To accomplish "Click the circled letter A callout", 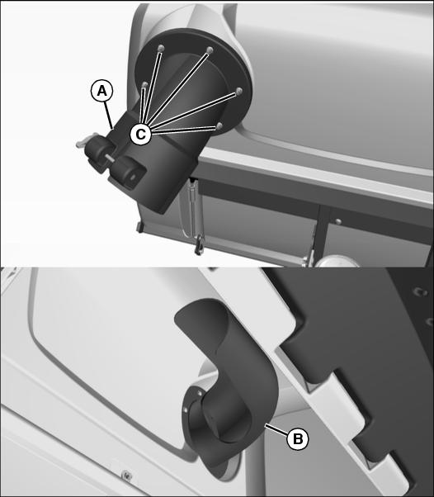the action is [x=101, y=92].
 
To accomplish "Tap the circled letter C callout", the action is [x=140, y=135].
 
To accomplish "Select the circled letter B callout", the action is [x=297, y=439].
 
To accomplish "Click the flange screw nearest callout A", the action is [x=144, y=85].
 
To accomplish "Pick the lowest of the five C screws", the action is [x=219, y=125].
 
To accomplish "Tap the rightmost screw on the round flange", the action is [x=239, y=91].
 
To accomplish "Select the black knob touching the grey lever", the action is [x=97, y=153].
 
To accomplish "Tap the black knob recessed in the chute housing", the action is [x=128, y=171].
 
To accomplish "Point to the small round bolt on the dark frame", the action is [x=338, y=221].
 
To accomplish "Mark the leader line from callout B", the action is [x=276, y=430].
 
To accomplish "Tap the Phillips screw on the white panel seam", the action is [x=127, y=476].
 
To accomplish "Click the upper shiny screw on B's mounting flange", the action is [x=200, y=393].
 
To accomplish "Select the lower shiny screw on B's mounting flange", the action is [x=186, y=410].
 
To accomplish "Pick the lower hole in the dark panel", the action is [x=430, y=322].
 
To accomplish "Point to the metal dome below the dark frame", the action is [x=337, y=262].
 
